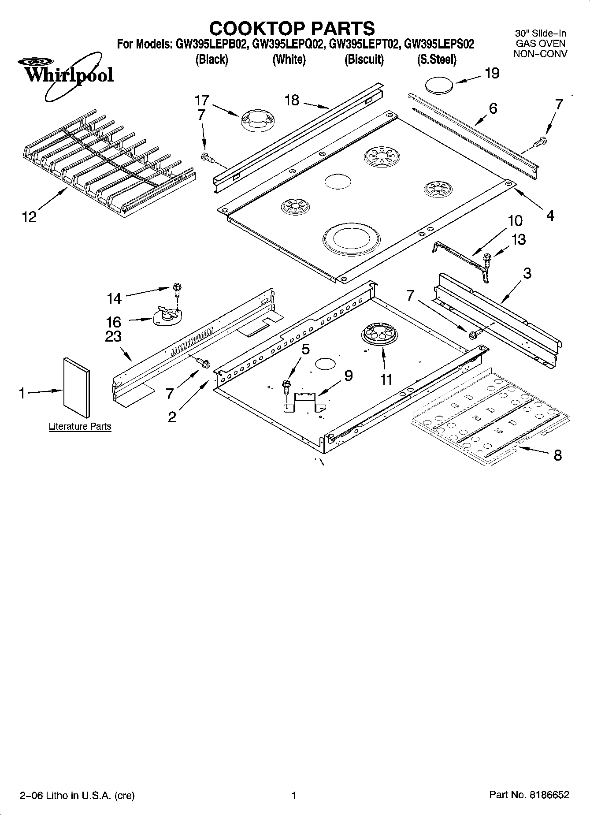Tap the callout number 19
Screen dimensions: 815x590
click(x=492, y=73)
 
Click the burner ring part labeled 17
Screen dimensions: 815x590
click(x=258, y=121)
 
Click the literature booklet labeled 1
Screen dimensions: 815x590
click(x=77, y=387)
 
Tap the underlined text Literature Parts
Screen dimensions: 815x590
click(x=80, y=427)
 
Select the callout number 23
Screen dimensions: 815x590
click(x=113, y=337)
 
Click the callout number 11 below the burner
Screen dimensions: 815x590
click(x=386, y=380)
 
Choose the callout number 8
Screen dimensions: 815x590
click(x=557, y=455)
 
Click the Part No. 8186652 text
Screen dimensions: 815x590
click(x=529, y=795)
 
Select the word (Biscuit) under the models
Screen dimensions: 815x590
click(x=364, y=60)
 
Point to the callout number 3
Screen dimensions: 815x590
click(x=527, y=273)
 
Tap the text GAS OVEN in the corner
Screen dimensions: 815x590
click(x=540, y=43)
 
